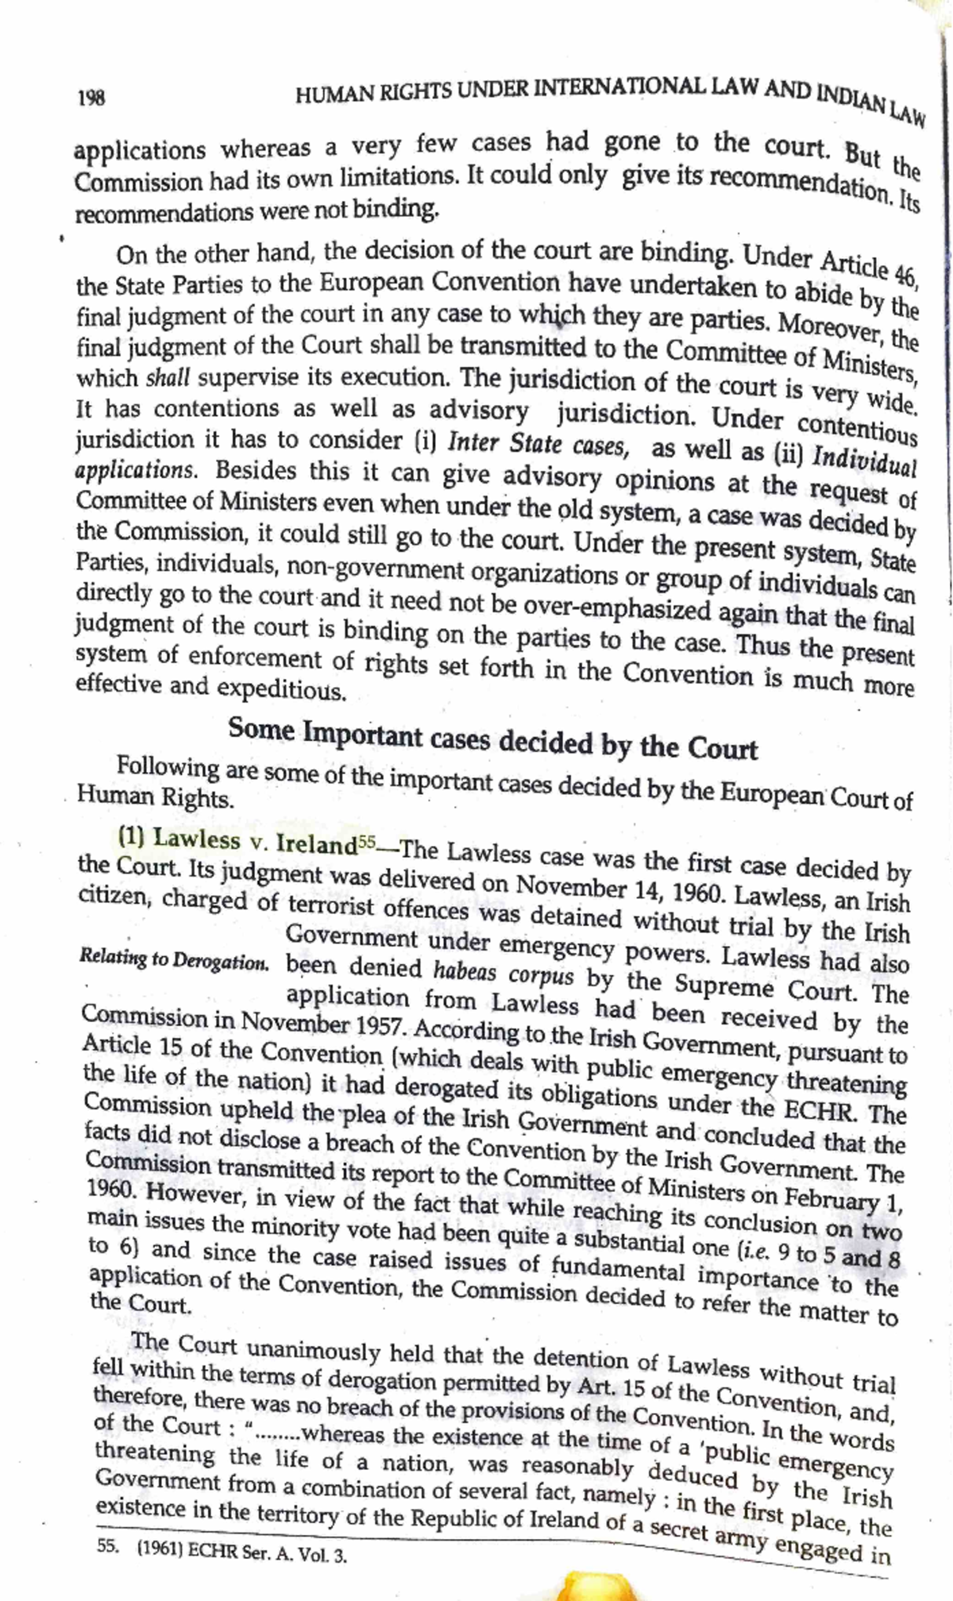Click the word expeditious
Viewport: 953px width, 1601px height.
281,689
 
